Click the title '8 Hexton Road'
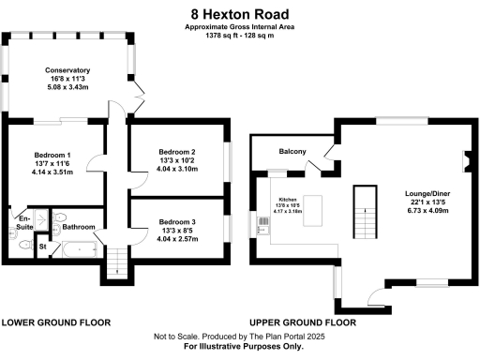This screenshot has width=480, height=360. [x=239, y=14]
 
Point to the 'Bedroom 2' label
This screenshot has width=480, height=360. [x=176, y=152]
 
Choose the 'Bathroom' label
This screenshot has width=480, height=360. [x=80, y=226]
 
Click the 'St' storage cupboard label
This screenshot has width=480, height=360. [x=43, y=247]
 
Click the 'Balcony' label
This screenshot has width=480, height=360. [x=293, y=151]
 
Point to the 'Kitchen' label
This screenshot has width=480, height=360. [x=287, y=201]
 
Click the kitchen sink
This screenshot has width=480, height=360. [x=261, y=223]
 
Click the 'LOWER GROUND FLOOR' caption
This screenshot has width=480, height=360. [x=56, y=322]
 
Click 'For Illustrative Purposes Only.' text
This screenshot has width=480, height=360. [x=239, y=347]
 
